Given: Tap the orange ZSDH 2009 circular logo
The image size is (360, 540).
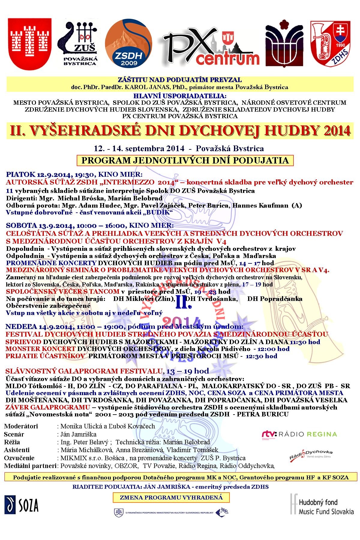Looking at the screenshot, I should tap(129, 44).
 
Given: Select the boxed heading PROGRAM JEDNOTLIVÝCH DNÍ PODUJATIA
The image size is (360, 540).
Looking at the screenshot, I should tap(185, 160).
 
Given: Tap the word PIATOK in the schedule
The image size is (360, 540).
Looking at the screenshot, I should tap(21, 174).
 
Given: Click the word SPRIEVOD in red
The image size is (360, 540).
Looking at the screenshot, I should tap(23, 342).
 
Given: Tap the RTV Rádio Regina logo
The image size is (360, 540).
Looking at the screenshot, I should tap(299, 434).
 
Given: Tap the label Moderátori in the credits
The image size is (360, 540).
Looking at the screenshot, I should tap(21, 426).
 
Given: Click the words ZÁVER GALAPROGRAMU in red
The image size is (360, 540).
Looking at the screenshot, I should tap(48, 407).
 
